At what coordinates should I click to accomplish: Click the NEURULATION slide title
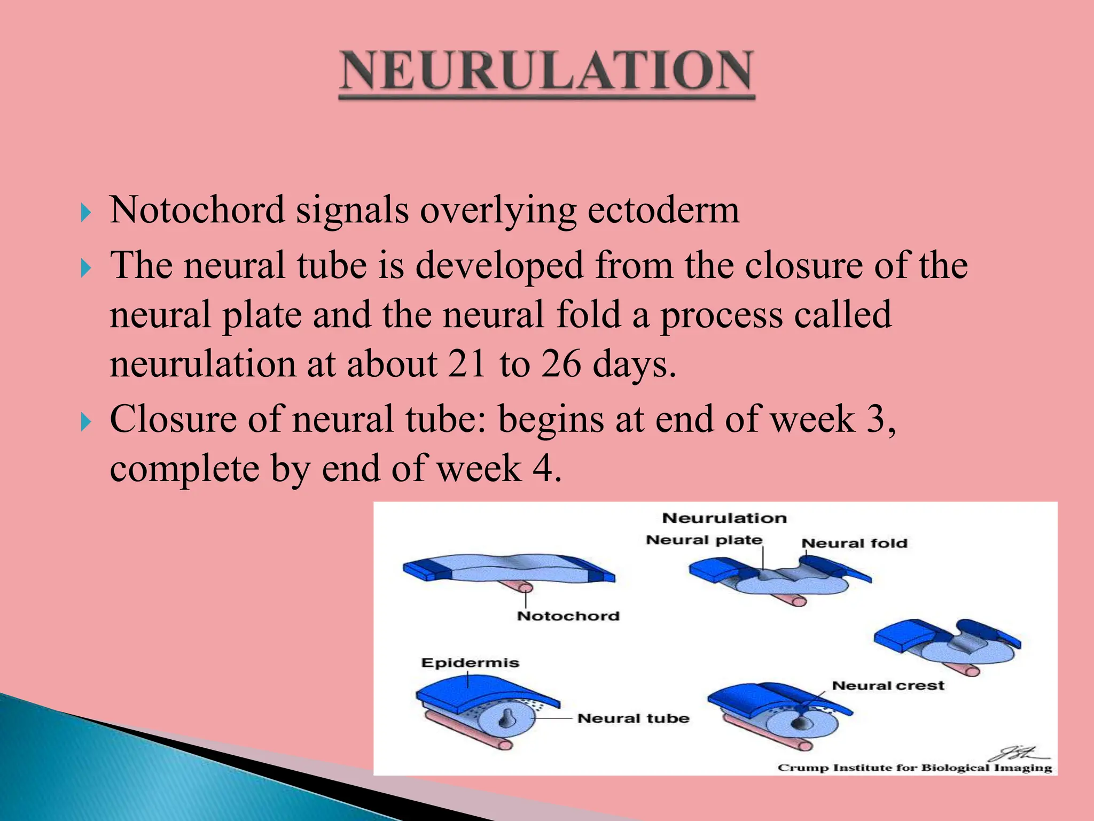(546, 71)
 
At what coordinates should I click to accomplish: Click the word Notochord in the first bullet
(197, 210)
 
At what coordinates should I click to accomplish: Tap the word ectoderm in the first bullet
(663, 210)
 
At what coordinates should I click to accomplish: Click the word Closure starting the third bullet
(173, 419)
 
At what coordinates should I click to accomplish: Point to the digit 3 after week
(877, 419)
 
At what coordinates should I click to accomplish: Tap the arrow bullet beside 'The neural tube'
(85, 268)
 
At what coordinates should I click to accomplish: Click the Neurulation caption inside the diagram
(724, 518)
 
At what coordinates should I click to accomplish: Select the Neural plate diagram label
(704, 540)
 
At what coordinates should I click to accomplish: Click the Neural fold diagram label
(854, 543)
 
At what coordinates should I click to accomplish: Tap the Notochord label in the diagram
(568, 616)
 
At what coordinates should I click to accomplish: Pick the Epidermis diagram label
(470, 663)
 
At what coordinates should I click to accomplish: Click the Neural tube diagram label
(633, 718)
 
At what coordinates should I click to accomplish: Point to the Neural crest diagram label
(888, 685)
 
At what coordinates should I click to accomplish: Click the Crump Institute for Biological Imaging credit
(915, 768)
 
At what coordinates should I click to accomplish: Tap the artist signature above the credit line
(1017, 754)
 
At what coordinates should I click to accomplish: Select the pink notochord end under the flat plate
(525, 588)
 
